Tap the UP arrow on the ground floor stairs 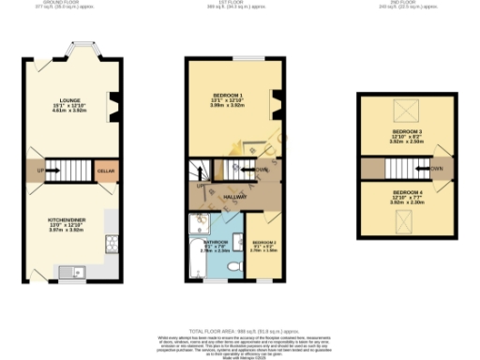[41, 171]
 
